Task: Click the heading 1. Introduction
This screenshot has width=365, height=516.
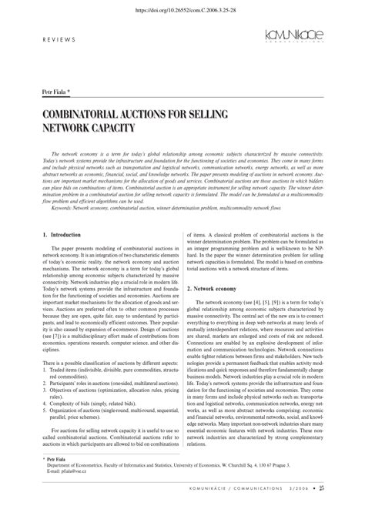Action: pos(55,233)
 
